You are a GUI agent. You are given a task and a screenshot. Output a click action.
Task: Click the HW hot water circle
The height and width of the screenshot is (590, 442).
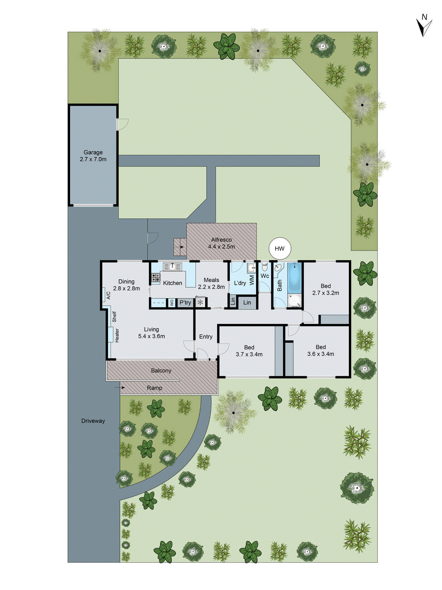click(280, 249)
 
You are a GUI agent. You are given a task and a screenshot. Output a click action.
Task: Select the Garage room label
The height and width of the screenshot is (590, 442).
click(93, 156)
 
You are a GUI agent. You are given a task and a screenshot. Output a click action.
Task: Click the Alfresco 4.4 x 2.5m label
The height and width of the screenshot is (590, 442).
click(221, 243)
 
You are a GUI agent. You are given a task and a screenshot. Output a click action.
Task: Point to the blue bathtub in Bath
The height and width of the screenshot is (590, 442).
click(294, 277)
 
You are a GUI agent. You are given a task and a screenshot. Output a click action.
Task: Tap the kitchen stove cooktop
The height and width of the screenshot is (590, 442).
click(155, 278)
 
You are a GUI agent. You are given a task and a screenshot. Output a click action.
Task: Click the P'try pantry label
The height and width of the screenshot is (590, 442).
click(185, 303)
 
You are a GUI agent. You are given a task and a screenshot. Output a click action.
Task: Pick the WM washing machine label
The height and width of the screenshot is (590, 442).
click(252, 280)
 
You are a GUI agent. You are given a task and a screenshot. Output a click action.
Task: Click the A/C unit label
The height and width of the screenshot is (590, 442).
click(108, 295)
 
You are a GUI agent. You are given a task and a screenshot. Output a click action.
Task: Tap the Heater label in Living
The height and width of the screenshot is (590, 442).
click(117, 335)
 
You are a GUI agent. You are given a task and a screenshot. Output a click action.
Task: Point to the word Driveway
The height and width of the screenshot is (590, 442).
click(93, 421)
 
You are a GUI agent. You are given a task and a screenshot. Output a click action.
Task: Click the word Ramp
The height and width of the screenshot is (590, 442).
click(155, 388)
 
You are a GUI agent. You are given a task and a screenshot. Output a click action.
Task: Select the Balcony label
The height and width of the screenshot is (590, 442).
click(161, 371)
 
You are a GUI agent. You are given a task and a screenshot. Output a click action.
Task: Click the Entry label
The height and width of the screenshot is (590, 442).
click(206, 337)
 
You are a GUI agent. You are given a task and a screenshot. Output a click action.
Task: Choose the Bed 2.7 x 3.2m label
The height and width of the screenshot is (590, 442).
click(326, 289)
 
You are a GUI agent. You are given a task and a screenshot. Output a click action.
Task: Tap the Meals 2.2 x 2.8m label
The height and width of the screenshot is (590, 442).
click(211, 284)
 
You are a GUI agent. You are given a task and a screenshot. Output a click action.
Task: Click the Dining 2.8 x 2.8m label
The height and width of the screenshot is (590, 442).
click(126, 285)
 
